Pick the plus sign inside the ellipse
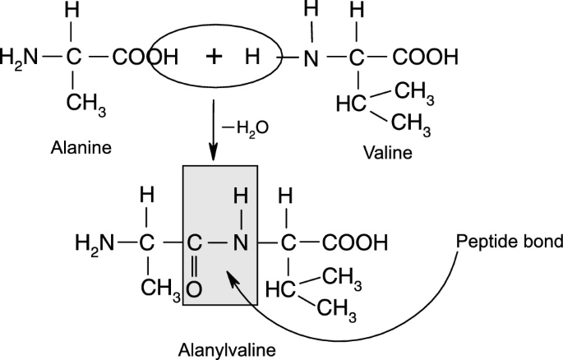click(214, 57)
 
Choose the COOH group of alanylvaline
click(354, 243)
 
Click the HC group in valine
click(350, 105)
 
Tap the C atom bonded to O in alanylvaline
click(194, 243)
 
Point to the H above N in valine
click(310, 14)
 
